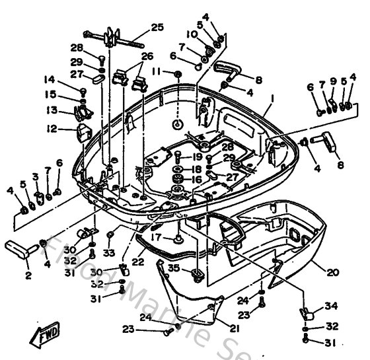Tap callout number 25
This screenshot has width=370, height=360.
157,27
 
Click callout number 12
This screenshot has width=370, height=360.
52,129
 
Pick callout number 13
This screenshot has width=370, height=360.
52,110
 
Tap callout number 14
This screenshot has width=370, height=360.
50,80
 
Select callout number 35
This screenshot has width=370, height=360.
173,268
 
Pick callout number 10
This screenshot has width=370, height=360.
192,34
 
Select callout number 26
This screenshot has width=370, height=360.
147,56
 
